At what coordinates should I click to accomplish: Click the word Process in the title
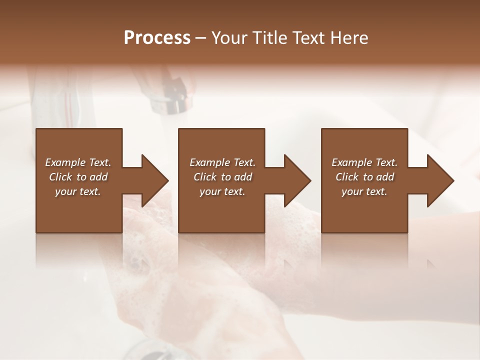[157, 38]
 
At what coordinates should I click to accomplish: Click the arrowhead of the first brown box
[152, 180]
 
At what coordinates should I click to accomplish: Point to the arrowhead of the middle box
[295, 180]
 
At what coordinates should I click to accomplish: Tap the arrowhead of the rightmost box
[438, 180]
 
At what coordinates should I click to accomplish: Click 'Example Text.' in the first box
[78, 162]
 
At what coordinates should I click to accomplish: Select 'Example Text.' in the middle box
[222, 162]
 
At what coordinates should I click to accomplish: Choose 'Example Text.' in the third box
[364, 162]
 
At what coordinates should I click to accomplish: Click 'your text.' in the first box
[78, 191]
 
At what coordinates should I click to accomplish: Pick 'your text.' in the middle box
[222, 191]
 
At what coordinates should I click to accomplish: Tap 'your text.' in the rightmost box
[364, 191]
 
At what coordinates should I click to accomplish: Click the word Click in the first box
[60, 177]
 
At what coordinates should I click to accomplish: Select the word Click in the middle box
[205, 177]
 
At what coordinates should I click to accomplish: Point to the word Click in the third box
[347, 177]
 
